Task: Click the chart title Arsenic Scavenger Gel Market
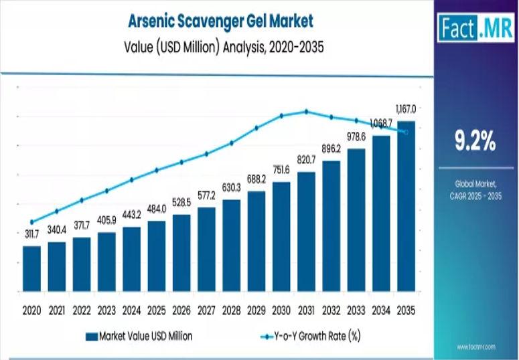220,21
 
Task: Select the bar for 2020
31,268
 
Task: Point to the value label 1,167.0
405,108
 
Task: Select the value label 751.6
281,170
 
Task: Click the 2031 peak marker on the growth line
306,112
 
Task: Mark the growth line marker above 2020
31,222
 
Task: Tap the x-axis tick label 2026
181,310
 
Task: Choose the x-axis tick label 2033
356,310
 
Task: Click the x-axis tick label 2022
82,310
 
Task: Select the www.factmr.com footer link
475,347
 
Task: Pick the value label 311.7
31,234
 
